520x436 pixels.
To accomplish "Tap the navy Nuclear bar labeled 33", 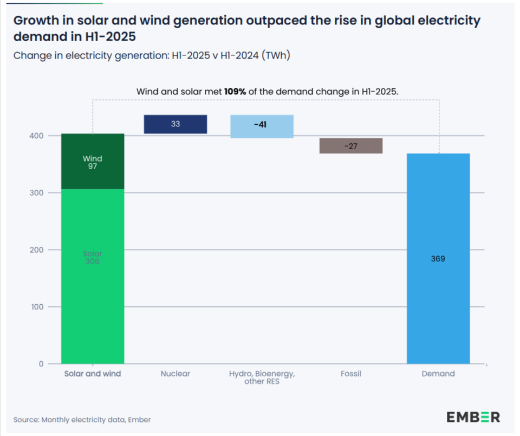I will click(175, 124).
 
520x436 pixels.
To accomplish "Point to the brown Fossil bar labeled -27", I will click(351, 146).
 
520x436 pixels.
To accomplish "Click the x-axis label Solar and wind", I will click(93, 374).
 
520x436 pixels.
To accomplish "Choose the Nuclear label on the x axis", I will click(175, 374).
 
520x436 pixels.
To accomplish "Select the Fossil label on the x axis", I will click(351, 374).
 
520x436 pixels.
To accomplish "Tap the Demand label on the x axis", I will click(438, 374).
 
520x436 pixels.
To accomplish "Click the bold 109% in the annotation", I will click(235, 91).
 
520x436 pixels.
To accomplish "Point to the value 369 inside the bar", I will click(438, 259).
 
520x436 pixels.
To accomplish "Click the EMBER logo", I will click(473, 417).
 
